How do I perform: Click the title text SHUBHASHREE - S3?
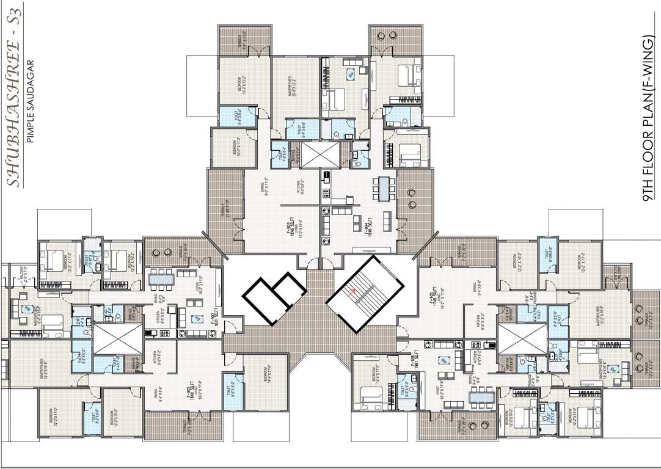coord(13,95)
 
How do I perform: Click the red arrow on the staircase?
coord(352,291)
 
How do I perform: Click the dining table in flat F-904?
coord(383,188)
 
